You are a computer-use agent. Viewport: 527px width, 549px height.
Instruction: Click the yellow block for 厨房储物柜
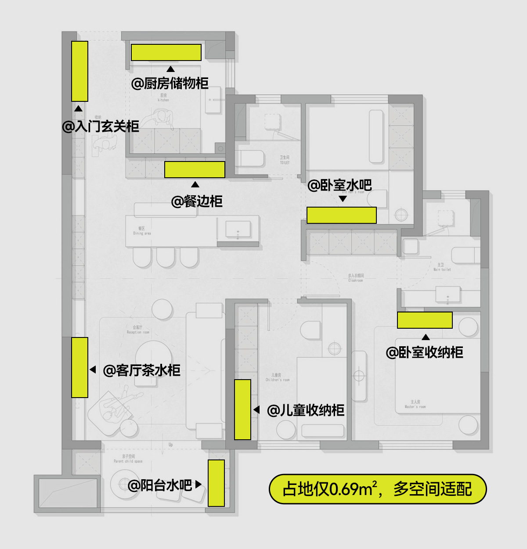point(166,52)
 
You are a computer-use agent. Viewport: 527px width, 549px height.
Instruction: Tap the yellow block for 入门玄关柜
point(79,71)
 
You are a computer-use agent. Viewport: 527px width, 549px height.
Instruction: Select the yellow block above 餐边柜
point(195,169)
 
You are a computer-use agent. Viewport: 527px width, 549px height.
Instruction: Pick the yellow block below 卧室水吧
point(341,215)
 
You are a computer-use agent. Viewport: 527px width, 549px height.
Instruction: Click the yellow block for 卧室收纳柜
point(425,320)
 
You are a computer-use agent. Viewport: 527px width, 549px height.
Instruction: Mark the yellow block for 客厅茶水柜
point(79,367)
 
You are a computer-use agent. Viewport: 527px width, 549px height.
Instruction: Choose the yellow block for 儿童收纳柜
point(242,409)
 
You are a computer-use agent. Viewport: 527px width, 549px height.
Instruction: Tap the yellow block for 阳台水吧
point(216,483)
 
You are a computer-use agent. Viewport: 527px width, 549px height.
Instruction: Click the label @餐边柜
point(197,201)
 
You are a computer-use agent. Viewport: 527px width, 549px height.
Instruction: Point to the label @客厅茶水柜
point(141,370)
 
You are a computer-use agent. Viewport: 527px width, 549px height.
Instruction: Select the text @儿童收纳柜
point(306,410)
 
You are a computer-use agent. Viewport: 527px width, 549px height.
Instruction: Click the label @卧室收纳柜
point(424,352)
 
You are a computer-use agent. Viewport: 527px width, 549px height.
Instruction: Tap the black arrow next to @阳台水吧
point(198,484)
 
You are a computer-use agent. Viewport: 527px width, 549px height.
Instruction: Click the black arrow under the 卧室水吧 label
point(343,199)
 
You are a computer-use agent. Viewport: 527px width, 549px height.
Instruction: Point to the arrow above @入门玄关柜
point(78,108)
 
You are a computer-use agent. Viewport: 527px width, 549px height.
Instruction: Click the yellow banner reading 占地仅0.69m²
point(378,488)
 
